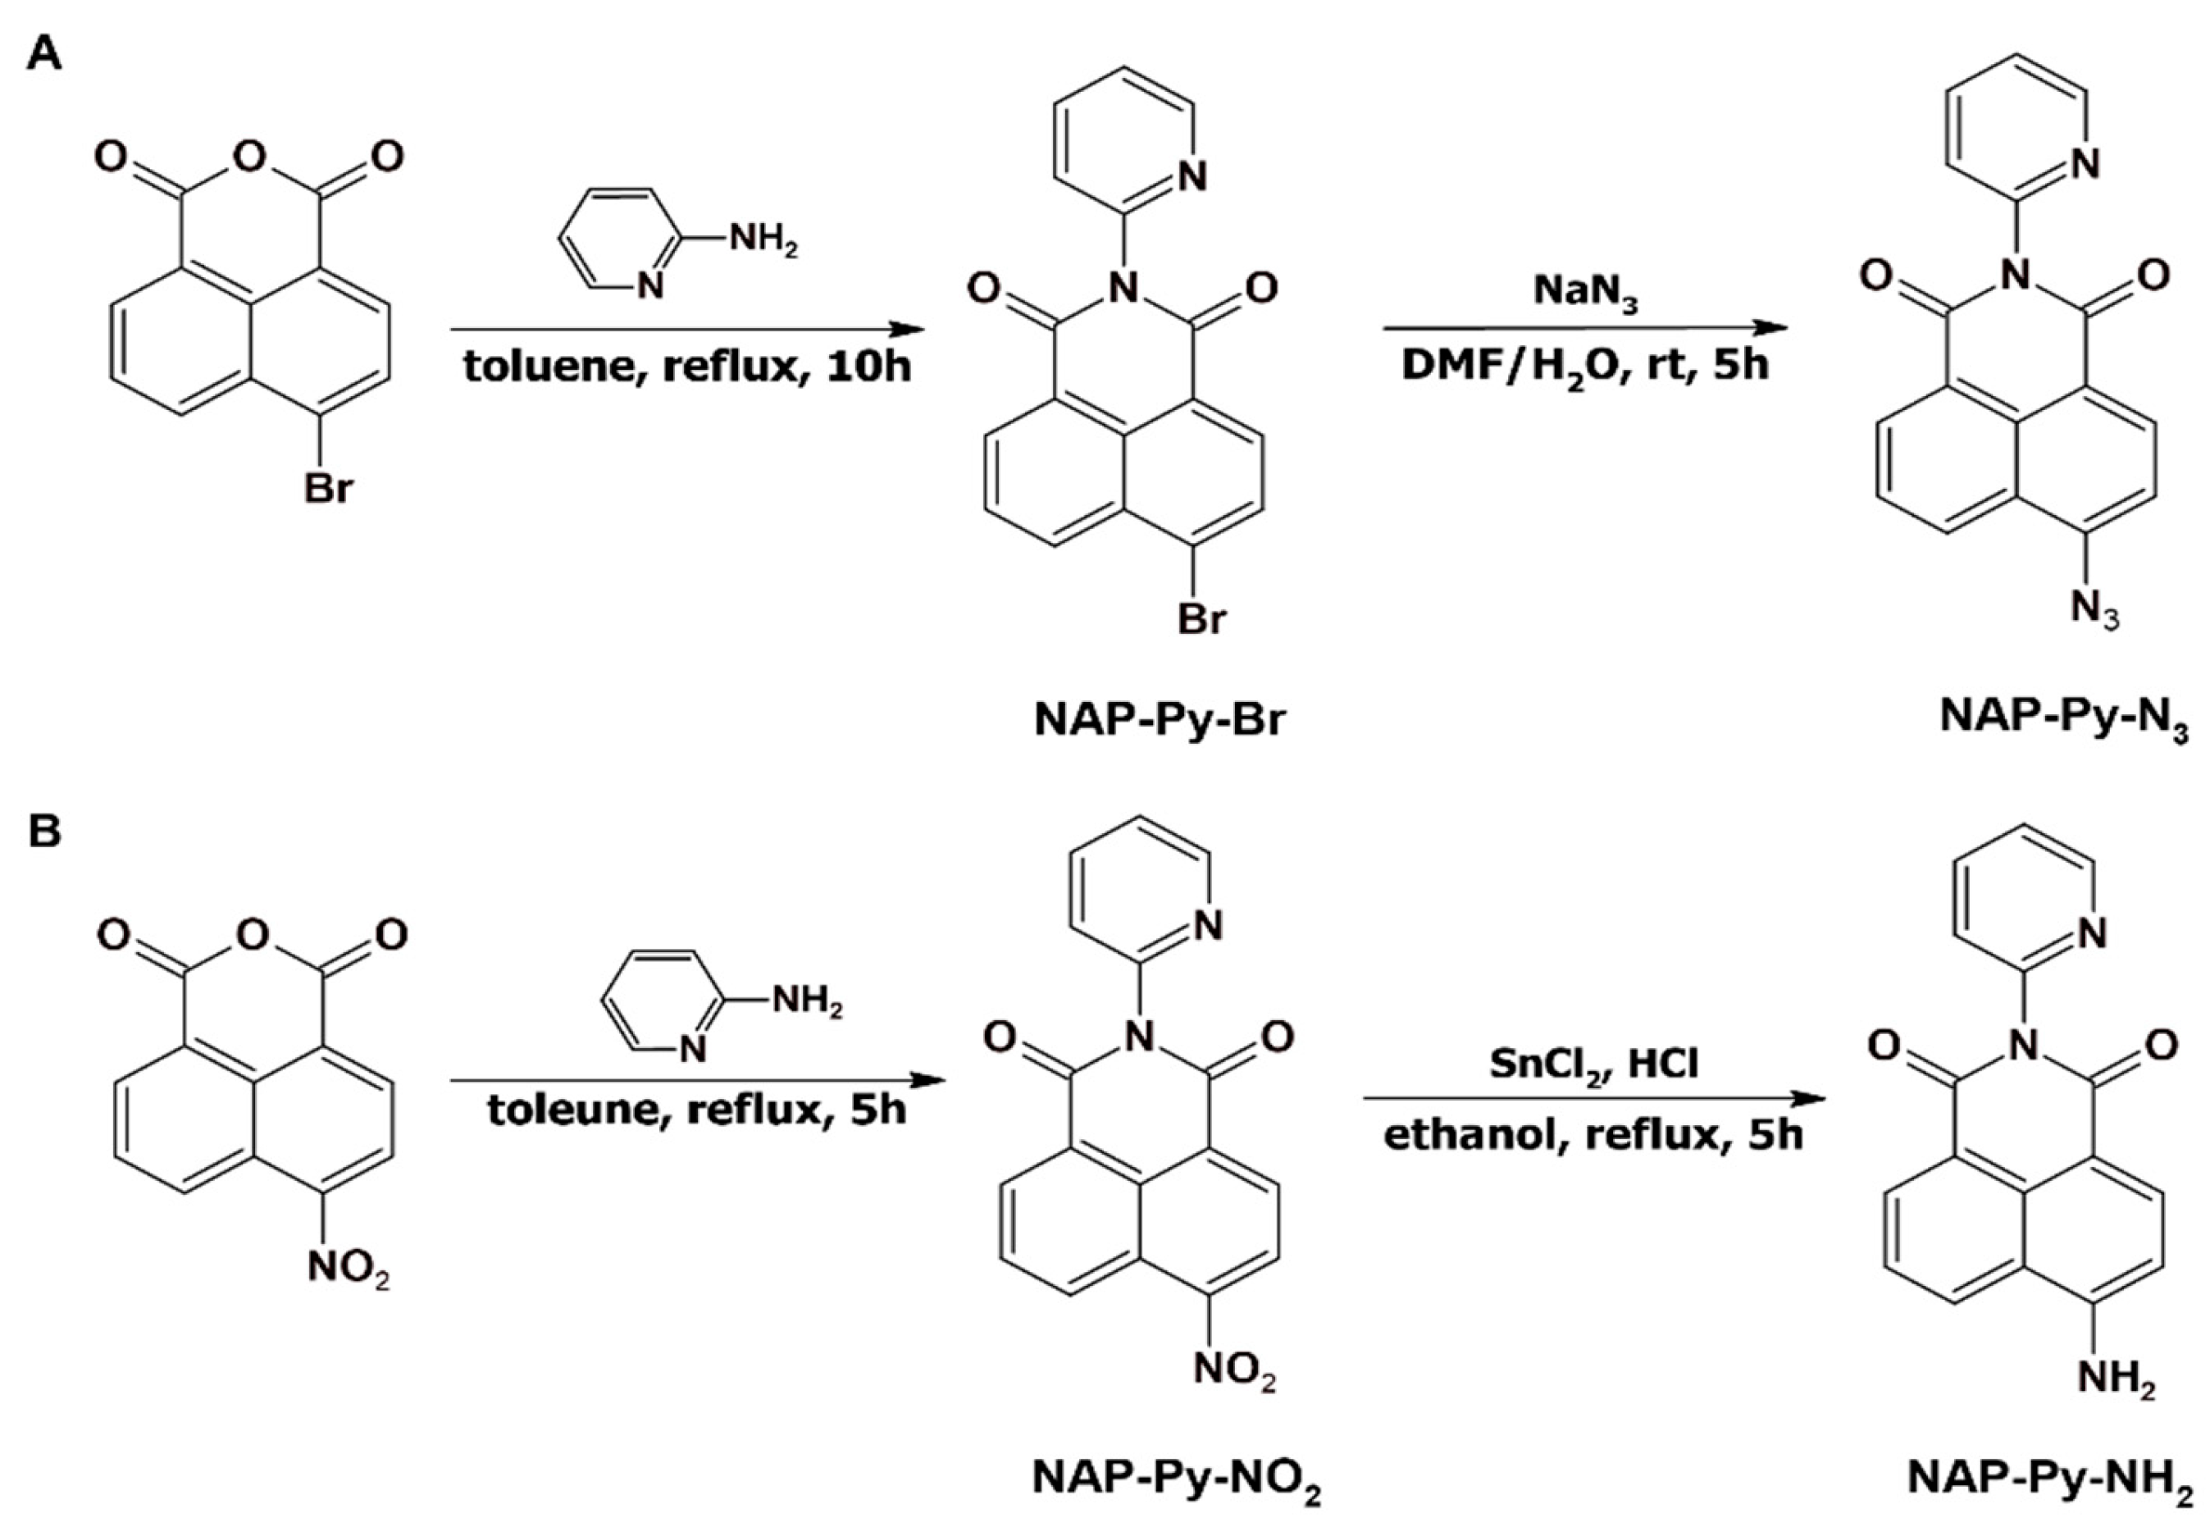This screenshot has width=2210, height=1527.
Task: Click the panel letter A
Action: [44, 53]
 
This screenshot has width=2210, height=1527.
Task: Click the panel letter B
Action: [44, 831]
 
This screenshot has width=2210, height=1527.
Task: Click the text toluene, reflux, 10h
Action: [687, 367]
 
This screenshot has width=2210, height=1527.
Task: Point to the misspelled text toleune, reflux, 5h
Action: [696, 1110]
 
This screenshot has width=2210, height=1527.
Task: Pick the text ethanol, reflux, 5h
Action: [1593, 1136]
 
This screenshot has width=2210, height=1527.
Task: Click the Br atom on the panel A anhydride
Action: [327, 489]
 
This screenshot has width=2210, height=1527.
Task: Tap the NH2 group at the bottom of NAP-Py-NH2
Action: [2116, 1381]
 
